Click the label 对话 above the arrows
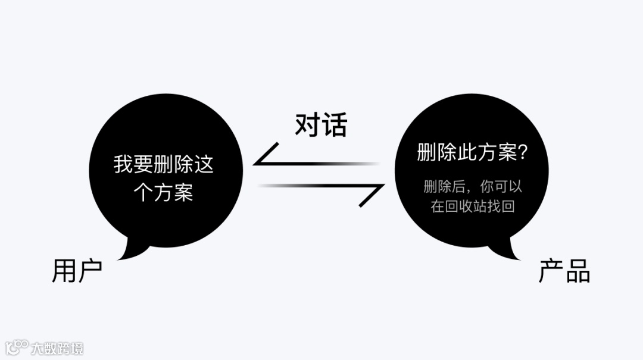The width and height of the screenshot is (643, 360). tap(321, 125)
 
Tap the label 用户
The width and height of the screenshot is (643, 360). tap(77, 271)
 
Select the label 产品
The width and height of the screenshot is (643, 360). tap(564, 271)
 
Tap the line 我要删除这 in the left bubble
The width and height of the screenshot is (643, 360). tap(164, 164)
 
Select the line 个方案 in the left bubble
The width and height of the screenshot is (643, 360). tap(164, 192)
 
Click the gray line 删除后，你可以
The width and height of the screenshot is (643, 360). tap(473, 186)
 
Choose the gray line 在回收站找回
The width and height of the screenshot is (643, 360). tap(473, 206)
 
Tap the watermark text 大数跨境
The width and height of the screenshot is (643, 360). tap(58, 348)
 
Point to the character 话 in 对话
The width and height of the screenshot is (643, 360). tap(335, 125)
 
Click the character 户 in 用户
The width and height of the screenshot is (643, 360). tap(90, 271)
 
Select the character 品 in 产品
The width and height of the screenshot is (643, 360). tap(578, 271)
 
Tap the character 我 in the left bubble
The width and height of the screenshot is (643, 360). tap(124, 164)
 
